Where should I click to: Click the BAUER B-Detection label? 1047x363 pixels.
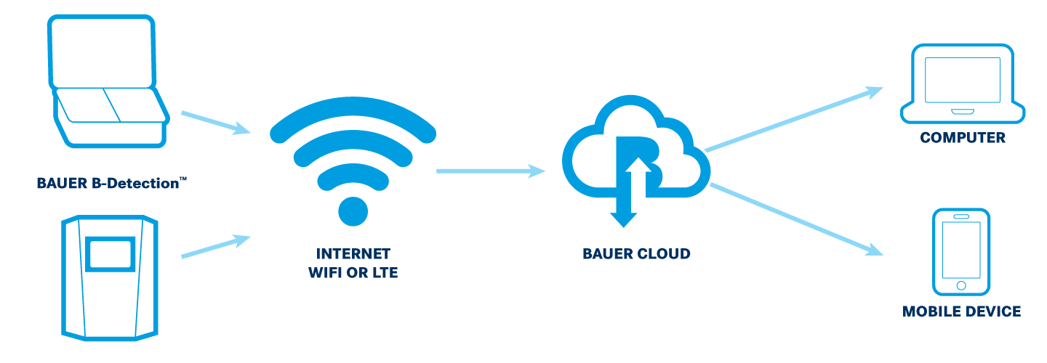tap(109, 183)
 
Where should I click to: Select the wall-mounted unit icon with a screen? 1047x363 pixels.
tap(109, 276)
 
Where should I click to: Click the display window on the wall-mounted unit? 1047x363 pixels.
tap(110, 253)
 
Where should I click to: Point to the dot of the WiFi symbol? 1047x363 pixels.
tap(353, 210)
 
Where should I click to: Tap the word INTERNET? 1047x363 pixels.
tap(353, 254)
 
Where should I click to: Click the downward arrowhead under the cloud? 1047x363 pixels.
tap(623, 217)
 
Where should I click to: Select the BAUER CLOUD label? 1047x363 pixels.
tap(636, 254)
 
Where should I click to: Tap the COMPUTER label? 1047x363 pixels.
tap(962, 137)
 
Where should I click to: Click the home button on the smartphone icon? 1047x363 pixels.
tap(961, 285)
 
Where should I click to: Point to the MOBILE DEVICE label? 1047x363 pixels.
tap(961, 311)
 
